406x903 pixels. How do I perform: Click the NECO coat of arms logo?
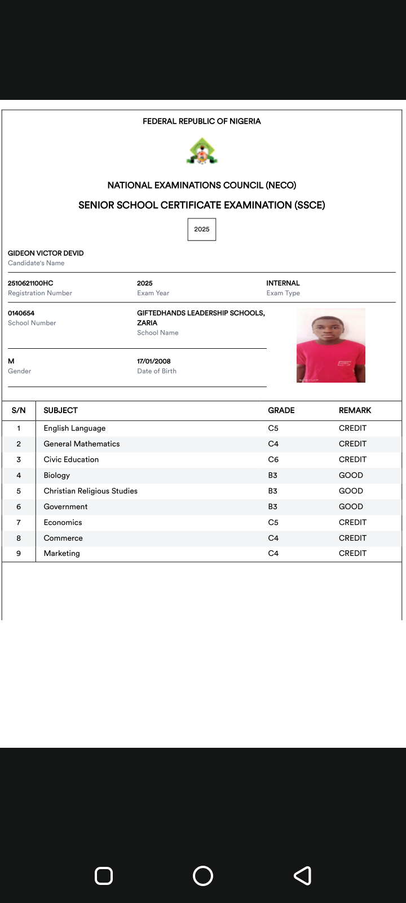202,151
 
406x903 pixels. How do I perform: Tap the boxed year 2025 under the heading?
202,229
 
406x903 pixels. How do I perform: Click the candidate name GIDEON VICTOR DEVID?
46,253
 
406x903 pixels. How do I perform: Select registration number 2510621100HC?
30,283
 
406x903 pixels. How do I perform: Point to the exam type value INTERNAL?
283,283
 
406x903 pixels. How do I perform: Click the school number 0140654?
21,313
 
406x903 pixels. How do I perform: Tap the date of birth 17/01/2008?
153,361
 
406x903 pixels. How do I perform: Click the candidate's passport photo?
331,345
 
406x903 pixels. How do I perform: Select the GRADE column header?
281,410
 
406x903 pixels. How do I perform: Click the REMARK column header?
355,410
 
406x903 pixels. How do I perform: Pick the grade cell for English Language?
273,428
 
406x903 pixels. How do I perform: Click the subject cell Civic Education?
71,459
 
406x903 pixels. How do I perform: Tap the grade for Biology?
273,475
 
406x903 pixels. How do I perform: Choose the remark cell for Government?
351,507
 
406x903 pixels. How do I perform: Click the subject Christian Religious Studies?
90,491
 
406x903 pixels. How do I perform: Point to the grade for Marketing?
273,554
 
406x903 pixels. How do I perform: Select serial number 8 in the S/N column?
19,538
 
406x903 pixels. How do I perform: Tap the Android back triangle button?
303,876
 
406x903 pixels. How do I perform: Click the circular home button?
203,876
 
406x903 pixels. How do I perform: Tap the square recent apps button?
104,876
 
